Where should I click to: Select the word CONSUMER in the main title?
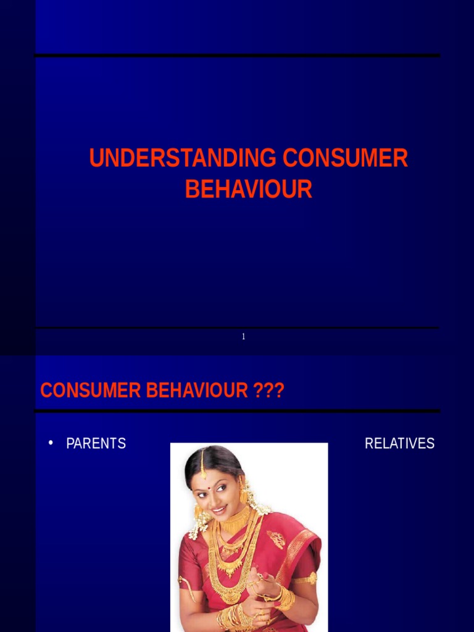pos(346,159)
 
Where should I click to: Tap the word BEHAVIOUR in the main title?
pos(249,189)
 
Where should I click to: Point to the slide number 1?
pos(244,336)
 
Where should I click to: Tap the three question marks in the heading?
pos(268,391)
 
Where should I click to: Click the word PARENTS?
pos(96,444)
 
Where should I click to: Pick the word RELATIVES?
pos(399,444)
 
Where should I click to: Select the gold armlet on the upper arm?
pos(306,579)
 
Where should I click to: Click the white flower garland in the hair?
pos(201,525)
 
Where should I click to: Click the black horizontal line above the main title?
pos(238,56)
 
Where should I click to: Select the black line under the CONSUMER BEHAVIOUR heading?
pos(238,410)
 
